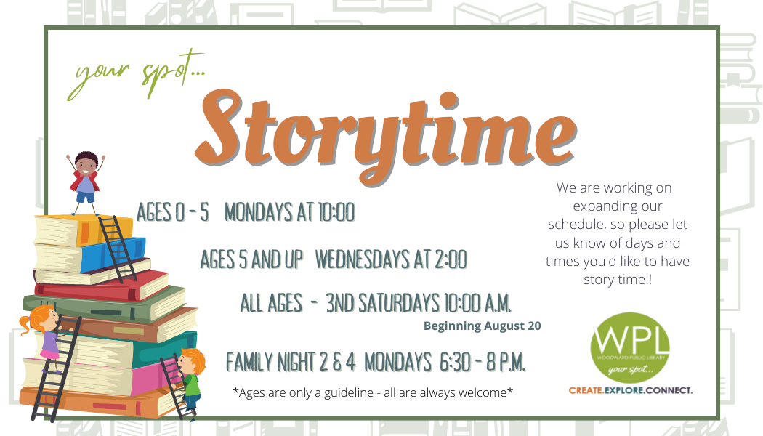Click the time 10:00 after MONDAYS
pos(336,212)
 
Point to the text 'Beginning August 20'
pos(483,326)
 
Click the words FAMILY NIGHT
pos(270,362)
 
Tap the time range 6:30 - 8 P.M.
pos(483,362)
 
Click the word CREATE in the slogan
pos(586,390)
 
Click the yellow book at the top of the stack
pos(84,230)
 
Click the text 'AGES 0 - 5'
pos(173,212)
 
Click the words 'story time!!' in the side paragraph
pos(618,280)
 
